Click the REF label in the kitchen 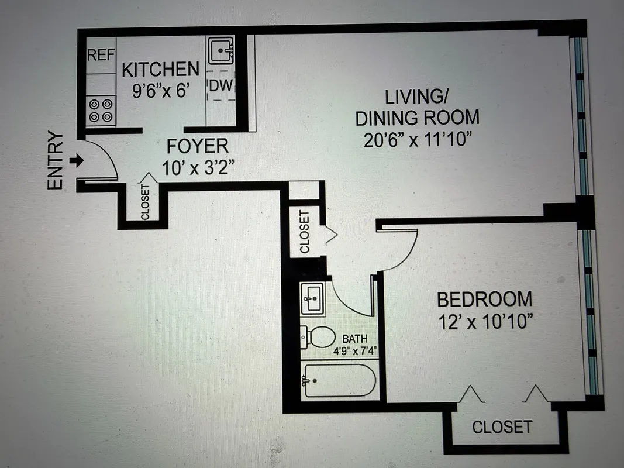pos(100,56)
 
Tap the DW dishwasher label pos(221,86)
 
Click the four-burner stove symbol pos(101,111)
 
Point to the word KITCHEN pos(160,70)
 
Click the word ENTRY pos(55,160)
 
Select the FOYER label pos(197,146)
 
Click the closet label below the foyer pos(145,202)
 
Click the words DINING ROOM pos(417,118)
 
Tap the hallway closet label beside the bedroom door pos(304,232)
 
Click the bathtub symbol pos(337,381)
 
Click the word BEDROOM pos(485,299)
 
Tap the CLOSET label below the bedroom pos(502,426)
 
